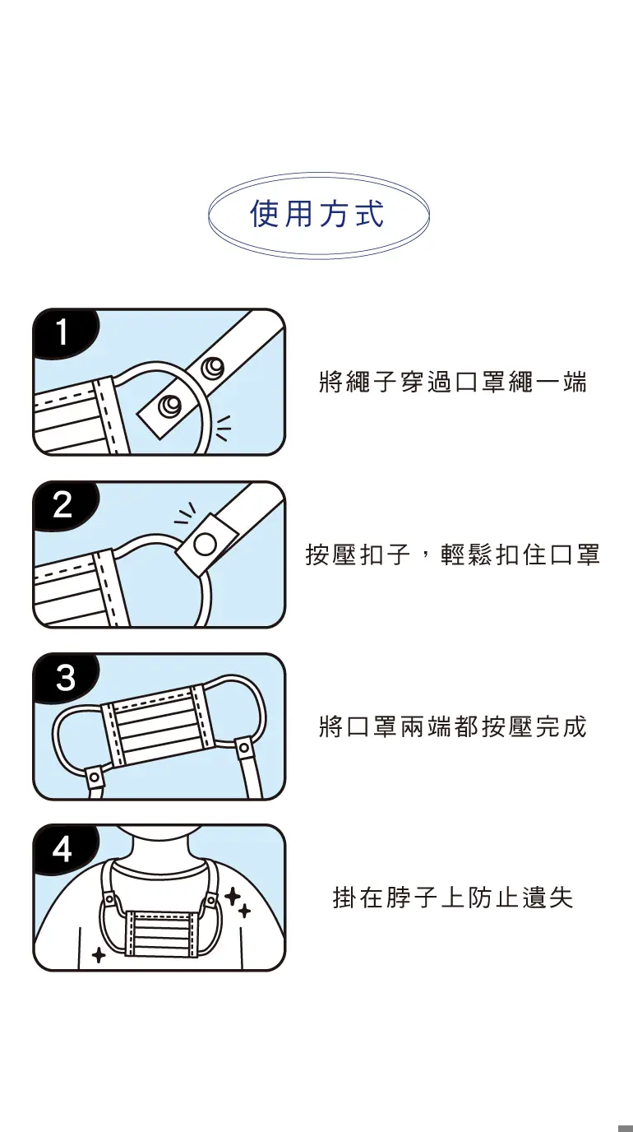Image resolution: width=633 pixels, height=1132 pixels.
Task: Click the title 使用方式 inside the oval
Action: [317, 213]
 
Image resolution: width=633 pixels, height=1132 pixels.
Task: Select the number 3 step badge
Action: [65, 677]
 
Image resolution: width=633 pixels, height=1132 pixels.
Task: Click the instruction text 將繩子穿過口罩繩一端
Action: [453, 382]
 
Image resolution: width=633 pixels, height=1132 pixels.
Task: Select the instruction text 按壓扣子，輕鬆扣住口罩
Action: [453, 554]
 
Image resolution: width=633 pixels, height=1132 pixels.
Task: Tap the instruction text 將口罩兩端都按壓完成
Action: [453, 726]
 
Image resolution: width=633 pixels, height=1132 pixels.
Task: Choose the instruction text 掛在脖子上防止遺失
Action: [453, 898]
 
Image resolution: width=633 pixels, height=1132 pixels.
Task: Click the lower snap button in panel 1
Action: [169, 405]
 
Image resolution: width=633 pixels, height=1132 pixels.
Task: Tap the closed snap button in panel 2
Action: [205, 545]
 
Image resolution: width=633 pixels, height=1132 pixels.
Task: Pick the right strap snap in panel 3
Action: [244, 746]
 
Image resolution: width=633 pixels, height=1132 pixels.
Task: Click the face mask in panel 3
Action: [157, 724]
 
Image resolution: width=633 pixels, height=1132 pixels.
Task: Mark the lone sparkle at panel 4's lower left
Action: [99, 955]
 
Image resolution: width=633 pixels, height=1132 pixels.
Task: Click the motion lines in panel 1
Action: [223, 428]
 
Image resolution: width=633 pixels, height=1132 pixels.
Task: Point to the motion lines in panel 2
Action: [185, 513]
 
